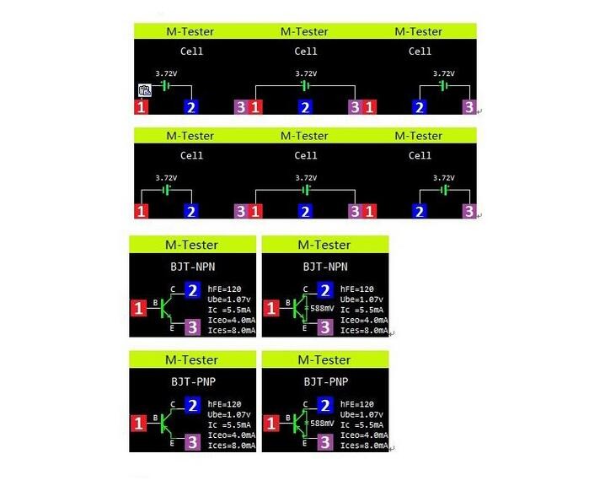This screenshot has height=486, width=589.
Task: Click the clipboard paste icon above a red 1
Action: coord(145,90)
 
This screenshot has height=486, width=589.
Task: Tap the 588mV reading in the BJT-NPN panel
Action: coord(322,309)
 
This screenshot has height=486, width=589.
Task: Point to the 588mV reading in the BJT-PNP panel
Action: coord(322,424)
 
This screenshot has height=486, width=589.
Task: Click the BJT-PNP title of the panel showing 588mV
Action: coord(326,382)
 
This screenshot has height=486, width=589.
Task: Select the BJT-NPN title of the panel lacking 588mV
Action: coord(193,267)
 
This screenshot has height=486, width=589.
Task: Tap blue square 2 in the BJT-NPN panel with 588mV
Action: coord(325,290)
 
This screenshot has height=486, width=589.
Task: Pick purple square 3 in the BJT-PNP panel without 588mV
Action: coord(192,442)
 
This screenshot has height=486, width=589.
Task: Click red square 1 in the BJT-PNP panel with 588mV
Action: coord(270,424)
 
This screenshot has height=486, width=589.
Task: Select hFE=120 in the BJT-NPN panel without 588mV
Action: coord(224,289)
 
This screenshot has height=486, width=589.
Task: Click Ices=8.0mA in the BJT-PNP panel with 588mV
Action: coord(364,445)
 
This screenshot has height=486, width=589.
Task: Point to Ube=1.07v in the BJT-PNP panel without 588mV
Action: coord(228,414)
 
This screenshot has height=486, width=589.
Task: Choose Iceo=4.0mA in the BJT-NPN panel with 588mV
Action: coord(364,321)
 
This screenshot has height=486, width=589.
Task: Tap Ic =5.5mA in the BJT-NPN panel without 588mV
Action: coord(229,310)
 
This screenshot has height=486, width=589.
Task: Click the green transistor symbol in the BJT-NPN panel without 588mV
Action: coord(166,308)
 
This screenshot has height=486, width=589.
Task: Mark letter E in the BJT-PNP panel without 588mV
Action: coord(172,443)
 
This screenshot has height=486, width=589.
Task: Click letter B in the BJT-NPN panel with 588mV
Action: coord(287,302)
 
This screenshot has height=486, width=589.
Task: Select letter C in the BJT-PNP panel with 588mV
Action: coord(305,404)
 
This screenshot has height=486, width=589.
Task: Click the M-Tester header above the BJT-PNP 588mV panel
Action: coord(324,360)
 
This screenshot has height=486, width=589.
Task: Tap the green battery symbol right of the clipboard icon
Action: coord(166,86)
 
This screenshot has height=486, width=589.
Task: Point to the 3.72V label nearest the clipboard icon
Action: coord(166,73)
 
